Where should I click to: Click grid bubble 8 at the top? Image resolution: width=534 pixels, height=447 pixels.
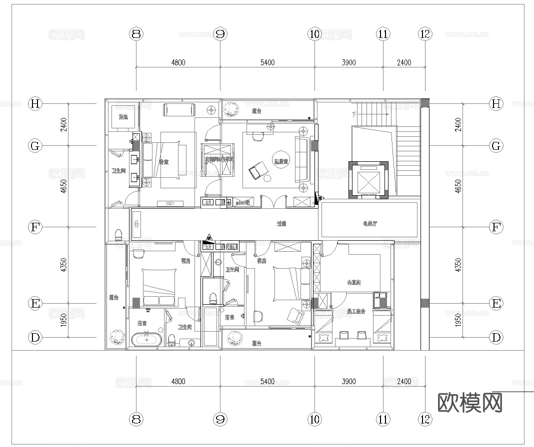136,34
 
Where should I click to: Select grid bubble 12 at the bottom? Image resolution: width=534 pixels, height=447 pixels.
425,419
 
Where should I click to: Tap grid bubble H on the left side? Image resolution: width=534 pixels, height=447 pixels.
35,103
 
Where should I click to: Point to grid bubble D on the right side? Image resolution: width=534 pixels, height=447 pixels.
496,337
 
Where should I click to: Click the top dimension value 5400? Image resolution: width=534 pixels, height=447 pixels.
267,62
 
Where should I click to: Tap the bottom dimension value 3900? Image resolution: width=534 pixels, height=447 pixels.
348,381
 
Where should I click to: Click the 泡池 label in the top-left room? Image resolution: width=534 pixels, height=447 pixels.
123,117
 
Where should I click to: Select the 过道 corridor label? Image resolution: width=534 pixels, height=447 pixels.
281,224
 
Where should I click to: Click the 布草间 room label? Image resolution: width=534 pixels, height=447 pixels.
353,283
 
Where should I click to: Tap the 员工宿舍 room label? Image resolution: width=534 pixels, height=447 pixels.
355,311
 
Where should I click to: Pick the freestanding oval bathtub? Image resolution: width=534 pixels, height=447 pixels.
146,341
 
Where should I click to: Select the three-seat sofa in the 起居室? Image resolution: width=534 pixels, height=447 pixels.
301,159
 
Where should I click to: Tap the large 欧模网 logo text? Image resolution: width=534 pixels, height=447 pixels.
470,403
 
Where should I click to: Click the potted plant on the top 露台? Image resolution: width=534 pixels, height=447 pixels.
230,108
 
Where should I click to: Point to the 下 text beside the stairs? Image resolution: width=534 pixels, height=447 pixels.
354,114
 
